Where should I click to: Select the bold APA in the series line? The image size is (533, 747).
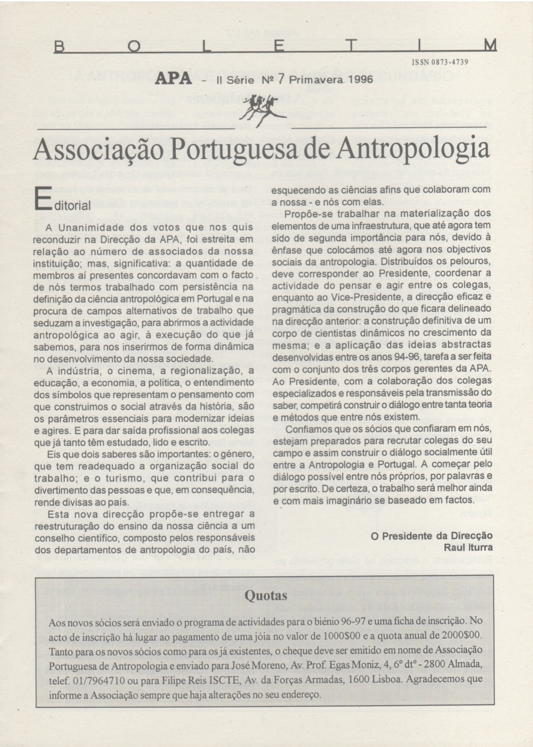tap(173, 79)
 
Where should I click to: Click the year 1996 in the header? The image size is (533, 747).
tap(357, 79)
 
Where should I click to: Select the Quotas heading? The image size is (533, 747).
tap(266, 596)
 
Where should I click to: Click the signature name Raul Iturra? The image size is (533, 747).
tap(468, 547)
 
